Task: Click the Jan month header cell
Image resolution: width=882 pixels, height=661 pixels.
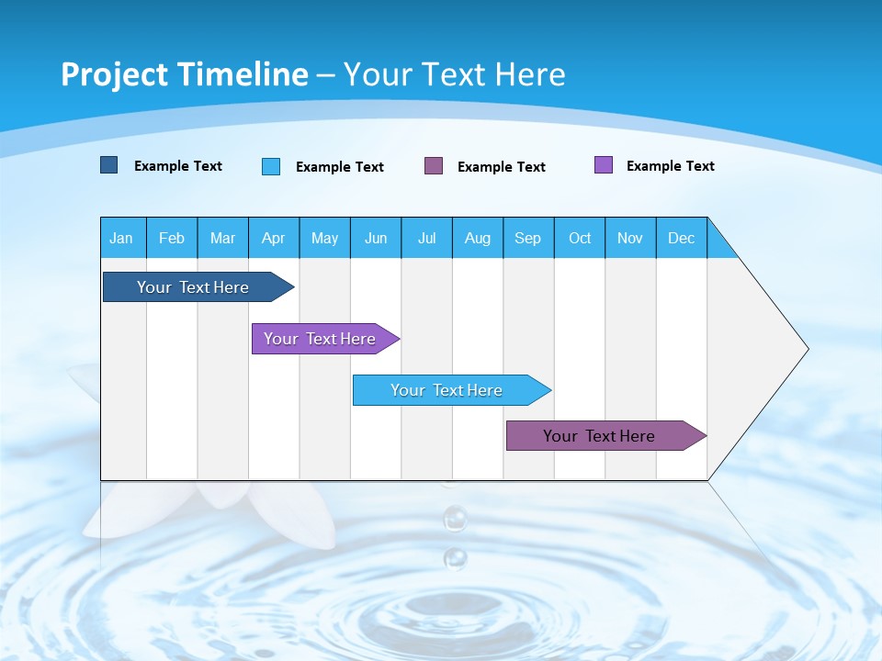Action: point(122,238)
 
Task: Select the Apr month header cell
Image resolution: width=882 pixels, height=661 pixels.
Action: point(274,238)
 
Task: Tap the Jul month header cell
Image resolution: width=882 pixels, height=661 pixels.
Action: point(426,238)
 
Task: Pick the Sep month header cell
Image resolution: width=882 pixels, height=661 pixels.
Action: point(528,238)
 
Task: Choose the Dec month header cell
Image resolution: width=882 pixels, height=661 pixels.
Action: point(681,238)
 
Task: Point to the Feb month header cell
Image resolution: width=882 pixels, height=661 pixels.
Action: point(172,238)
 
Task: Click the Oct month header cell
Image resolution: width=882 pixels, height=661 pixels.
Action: point(580,238)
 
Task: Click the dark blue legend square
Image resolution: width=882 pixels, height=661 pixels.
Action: point(109,165)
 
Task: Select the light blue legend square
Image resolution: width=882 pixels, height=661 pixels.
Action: point(271,166)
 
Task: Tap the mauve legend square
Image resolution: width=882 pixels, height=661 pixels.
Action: point(434,166)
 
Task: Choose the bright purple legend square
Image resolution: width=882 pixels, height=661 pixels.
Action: point(604,165)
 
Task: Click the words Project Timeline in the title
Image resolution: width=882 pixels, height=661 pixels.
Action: point(185,74)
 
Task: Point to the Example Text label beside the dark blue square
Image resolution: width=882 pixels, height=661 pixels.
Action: point(178,166)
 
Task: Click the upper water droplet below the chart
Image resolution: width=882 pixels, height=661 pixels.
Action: point(455,520)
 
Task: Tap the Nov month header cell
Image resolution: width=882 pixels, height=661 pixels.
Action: point(630,238)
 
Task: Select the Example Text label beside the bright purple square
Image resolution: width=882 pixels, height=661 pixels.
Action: point(671,166)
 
